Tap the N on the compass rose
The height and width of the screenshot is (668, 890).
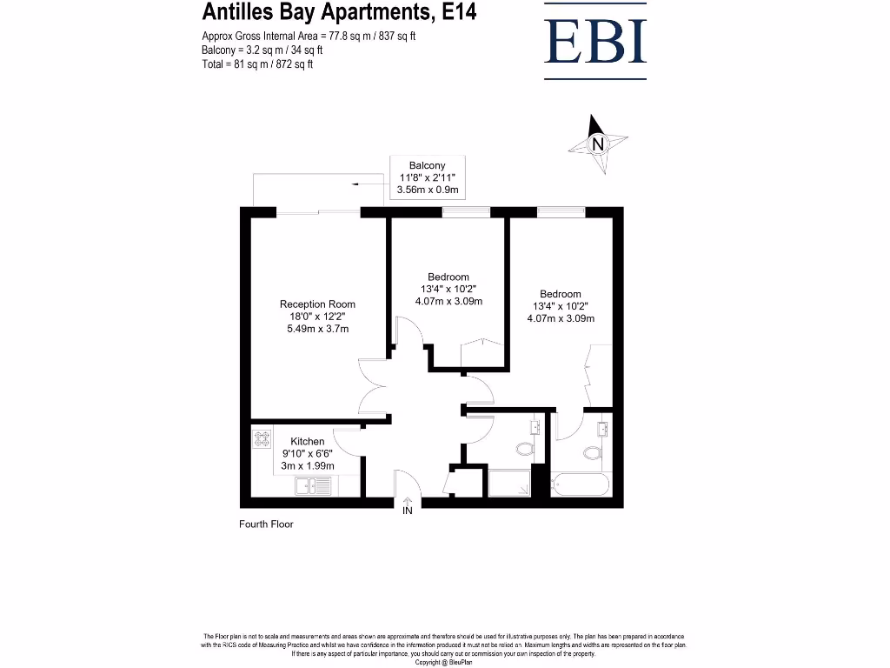pyautogui.click(x=597, y=145)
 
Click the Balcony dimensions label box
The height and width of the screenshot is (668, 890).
pyautogui.click(x=428, y=177)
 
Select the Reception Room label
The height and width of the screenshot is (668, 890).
pyautogui.click(x=317, y=304)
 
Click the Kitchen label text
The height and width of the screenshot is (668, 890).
pyautogui.click(x=308, y=442)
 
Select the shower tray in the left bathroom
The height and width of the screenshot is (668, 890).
pyautogui.click(x=509, y=483)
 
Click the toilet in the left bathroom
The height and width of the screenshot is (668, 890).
pyautogui.click(x=524, y=449)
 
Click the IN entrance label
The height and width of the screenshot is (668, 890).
pyautogui.click(x=407, y=511)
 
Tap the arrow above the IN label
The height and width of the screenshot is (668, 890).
pyautogui.click(x=407, y=499)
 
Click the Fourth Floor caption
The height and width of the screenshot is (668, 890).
pyautogui.click(x=266, y=524)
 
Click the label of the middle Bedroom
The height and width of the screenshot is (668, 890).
pyautogui.click(x=448, y=277)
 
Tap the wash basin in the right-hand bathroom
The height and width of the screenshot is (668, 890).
pyautogui.click(x=602, y=428)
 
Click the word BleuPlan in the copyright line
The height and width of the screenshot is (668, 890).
pyautogui.click(x=458, y=663)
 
